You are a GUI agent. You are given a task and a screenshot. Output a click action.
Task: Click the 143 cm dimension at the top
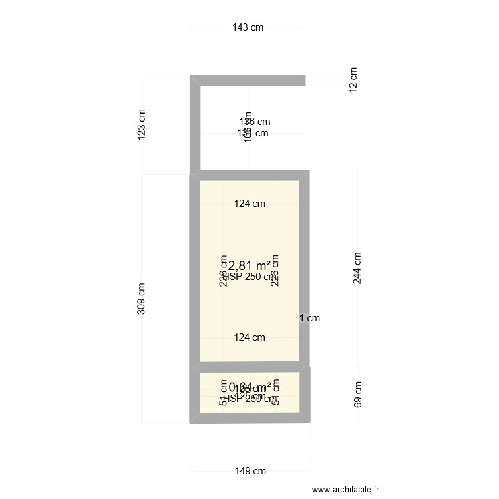coord(248,27)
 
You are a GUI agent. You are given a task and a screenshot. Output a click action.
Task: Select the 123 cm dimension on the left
coord(141,124)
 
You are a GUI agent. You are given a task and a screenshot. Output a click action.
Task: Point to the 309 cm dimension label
coord(141,299)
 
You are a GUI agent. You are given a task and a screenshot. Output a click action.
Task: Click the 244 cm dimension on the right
coord(358,269)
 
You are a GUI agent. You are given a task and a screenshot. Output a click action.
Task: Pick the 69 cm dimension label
coord(358,394)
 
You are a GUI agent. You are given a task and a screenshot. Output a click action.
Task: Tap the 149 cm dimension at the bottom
coord(250,471)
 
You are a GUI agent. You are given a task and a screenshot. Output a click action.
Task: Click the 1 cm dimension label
coord(309,318)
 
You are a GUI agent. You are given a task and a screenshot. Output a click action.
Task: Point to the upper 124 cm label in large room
coord(249,204)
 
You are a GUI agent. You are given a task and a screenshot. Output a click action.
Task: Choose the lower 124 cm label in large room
coord(249,337)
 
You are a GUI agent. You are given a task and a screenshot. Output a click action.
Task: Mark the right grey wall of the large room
coord(304,266)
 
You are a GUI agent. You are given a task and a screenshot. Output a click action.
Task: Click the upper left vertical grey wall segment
coord(195,126)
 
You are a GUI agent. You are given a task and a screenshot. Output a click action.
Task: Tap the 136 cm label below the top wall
coord(255,122)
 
